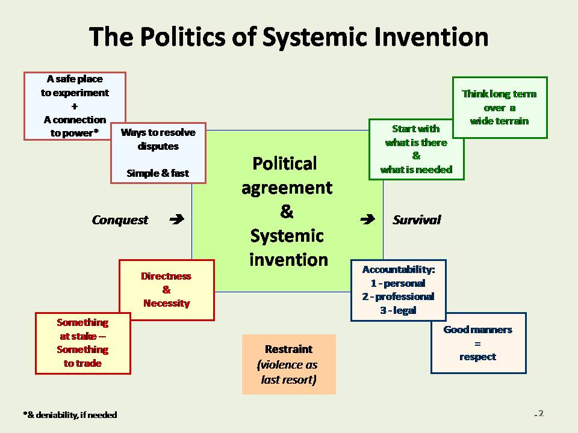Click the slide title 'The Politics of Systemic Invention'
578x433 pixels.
pos(288,37)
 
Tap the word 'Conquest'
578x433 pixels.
pos(120,220)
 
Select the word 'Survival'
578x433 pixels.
pos(417,220)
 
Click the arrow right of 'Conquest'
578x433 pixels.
pos(176,220)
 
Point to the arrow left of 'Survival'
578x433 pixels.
pos(367,220)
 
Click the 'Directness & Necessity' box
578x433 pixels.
pos(167,290)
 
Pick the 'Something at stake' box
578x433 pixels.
pos(83,343)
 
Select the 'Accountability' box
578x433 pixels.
pos(398,290)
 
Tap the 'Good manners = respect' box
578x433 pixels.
pos(478,343)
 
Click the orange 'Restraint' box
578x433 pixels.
pos(288,364)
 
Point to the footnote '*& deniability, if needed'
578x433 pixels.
pos(70,415)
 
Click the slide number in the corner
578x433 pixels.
pos(539,413)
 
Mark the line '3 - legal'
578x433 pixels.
pos(398,311)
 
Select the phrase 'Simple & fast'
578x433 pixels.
pos(158,173)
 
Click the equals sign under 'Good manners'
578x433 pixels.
pos(477,343)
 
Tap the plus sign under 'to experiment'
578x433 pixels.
pos(75,106)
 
